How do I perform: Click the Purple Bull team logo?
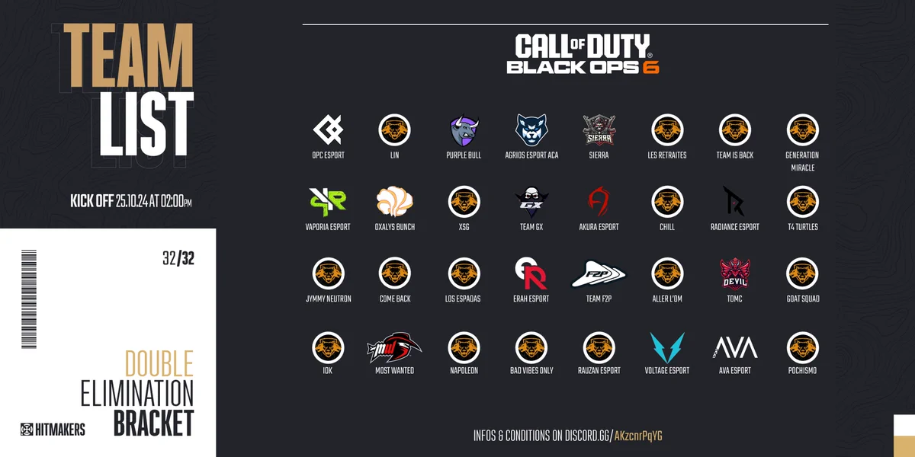coord(464,130)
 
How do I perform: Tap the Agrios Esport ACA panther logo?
coord(531,129)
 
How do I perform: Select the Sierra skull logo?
coord(599,130)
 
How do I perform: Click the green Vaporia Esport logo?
coord(328,202)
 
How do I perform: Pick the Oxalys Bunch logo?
coord(395,202)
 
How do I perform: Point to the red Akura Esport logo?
coord(599,201)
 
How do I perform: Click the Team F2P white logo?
coord(599,273)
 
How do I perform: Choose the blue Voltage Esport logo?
coord(667,347)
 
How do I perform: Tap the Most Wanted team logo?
coord(394,347)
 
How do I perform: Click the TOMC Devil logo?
coord(735,273)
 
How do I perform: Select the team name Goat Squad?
coord(803,299)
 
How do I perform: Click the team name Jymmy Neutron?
coord(329,299)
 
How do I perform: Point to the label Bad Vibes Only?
coord(531,370)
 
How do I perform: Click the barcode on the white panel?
coord(29,299)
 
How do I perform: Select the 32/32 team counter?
coord(178,259)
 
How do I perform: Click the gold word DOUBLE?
coord(159,363)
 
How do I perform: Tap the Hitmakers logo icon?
coord(27,430)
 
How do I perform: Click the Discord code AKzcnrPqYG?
coord(638,436)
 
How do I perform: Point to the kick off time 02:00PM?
coord(176,201)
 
